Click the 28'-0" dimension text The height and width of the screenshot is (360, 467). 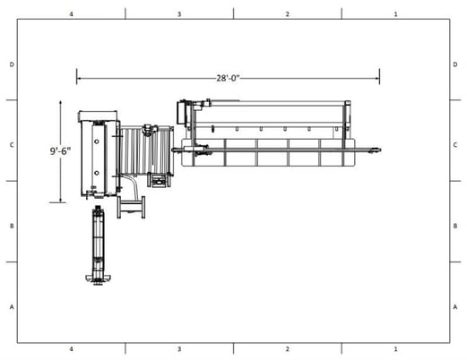(228, 78)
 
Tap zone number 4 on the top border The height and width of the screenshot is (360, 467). (71, 14)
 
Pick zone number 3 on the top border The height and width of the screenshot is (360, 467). (179, 14)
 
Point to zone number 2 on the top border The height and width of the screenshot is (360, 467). (287, 14)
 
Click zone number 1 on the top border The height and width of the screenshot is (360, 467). (395, 14)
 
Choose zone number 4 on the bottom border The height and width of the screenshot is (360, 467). (71, 347)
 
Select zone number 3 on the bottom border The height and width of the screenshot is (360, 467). (179, 347)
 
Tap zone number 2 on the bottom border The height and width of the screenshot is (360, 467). (287, 347)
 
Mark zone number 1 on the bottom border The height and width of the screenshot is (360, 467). (395, 347)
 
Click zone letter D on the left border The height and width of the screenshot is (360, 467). (12, 64)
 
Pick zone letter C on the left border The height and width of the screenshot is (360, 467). (12, 144)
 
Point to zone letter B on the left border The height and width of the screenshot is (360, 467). (12, 226)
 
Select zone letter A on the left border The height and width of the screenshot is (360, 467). (12, 306)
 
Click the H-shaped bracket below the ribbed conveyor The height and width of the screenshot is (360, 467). (134, 208)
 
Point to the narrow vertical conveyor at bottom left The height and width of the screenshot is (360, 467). (99, 246)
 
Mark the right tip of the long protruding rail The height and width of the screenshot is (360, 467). (384, 150)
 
